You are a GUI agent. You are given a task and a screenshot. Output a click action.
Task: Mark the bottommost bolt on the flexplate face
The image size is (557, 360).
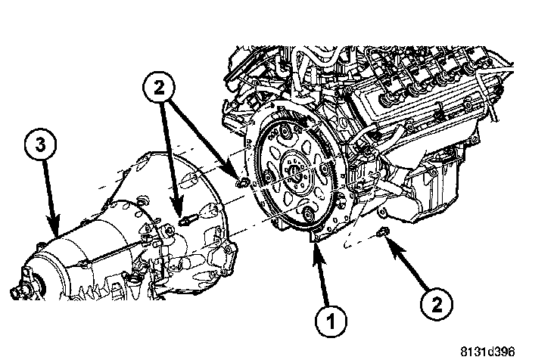(304, 219)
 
